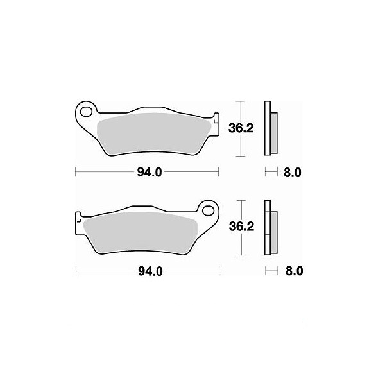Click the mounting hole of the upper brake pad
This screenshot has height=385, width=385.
[x=86, y=112]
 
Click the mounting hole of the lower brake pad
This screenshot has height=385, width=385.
[x=208, y=210]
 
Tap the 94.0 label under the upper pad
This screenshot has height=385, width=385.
[x=150, y=173]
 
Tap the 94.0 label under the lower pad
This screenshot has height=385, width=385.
[x=150, y=271]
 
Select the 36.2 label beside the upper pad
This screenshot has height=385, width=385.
[x=241, y=128]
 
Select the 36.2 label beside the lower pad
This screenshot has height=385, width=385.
[x=241, y=227]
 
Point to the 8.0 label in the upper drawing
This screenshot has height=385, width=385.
[x=293, y=173]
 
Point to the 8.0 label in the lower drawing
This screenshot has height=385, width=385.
[x=294, y=271]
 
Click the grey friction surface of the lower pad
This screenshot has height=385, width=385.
[x=141, y=232]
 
